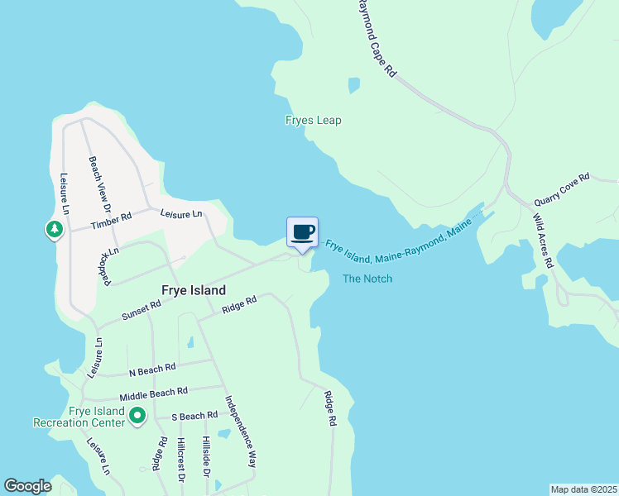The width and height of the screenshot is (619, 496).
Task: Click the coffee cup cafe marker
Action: click(301, 231)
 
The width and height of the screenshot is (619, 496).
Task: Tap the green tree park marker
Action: click(55, 229)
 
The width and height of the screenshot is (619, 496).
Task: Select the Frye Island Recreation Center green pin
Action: click(137, 417)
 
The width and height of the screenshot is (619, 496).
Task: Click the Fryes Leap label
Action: click(313, 121)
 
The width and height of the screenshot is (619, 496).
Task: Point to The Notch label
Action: click(367, 279)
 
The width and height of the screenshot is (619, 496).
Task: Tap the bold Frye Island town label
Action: click(193, 291)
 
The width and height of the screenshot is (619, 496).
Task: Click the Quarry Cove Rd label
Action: click(561, 188)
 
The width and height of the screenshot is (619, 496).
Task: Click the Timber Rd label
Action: click(112, 219)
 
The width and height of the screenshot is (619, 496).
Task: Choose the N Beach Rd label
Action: click(152, 367)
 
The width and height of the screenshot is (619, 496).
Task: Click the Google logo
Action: click(27, 486)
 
